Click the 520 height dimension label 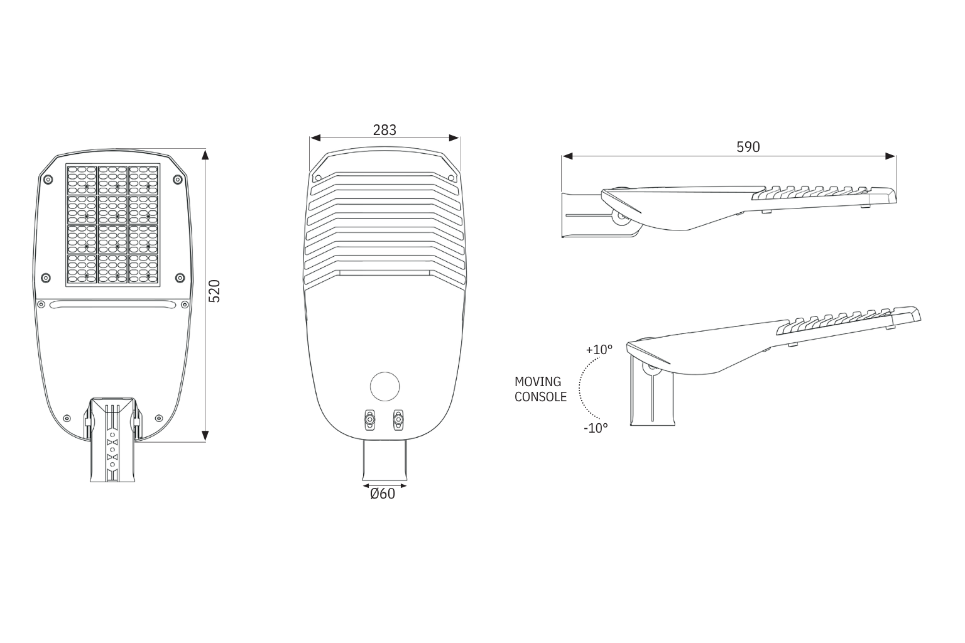click(214, 291)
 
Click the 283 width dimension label click(384, 130)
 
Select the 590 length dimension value click(748, 148)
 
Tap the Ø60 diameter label click(383, 494)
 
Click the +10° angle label click(599, 350)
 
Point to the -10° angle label click(596, 428)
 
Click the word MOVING click(538, 382)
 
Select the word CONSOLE click(541, 397)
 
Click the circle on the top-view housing click(384, 386)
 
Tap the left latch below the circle click(369, 419)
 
